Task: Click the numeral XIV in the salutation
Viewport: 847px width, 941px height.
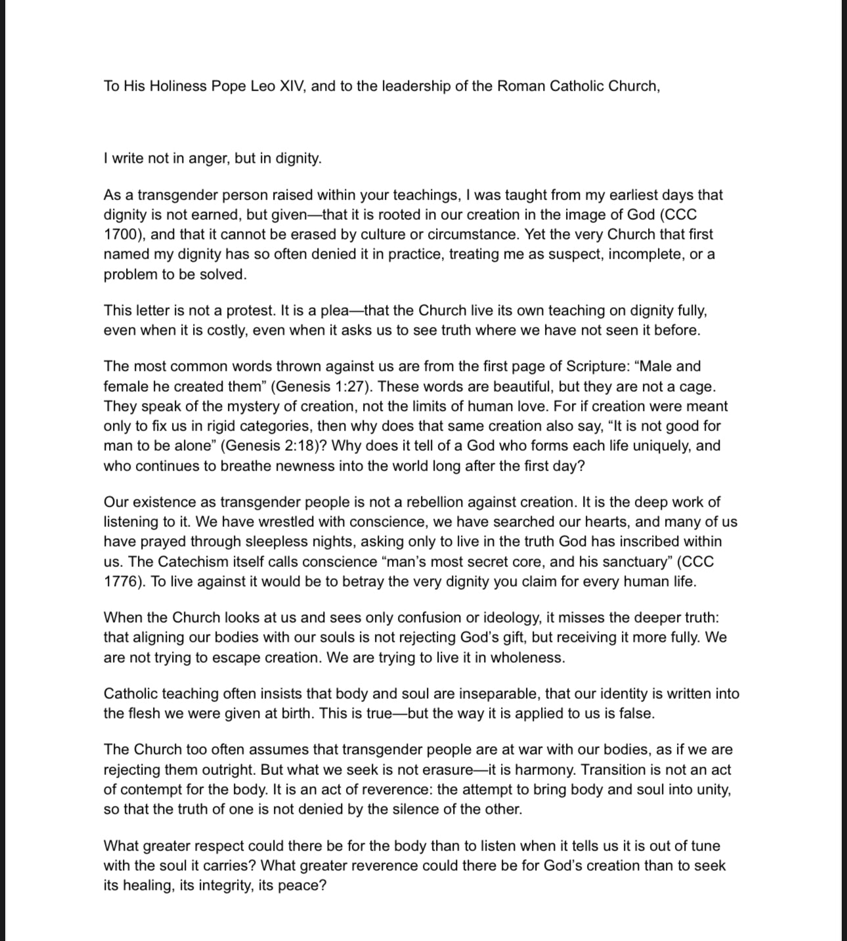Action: pos(292,86)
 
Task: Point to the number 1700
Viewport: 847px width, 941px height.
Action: pos(123,234)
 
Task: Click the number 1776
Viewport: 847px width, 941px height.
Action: pos(123,581)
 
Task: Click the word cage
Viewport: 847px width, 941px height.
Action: pos(697,386)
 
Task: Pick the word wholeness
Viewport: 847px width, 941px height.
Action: pos(529,658)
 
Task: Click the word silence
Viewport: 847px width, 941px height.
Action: pos(422,809)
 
